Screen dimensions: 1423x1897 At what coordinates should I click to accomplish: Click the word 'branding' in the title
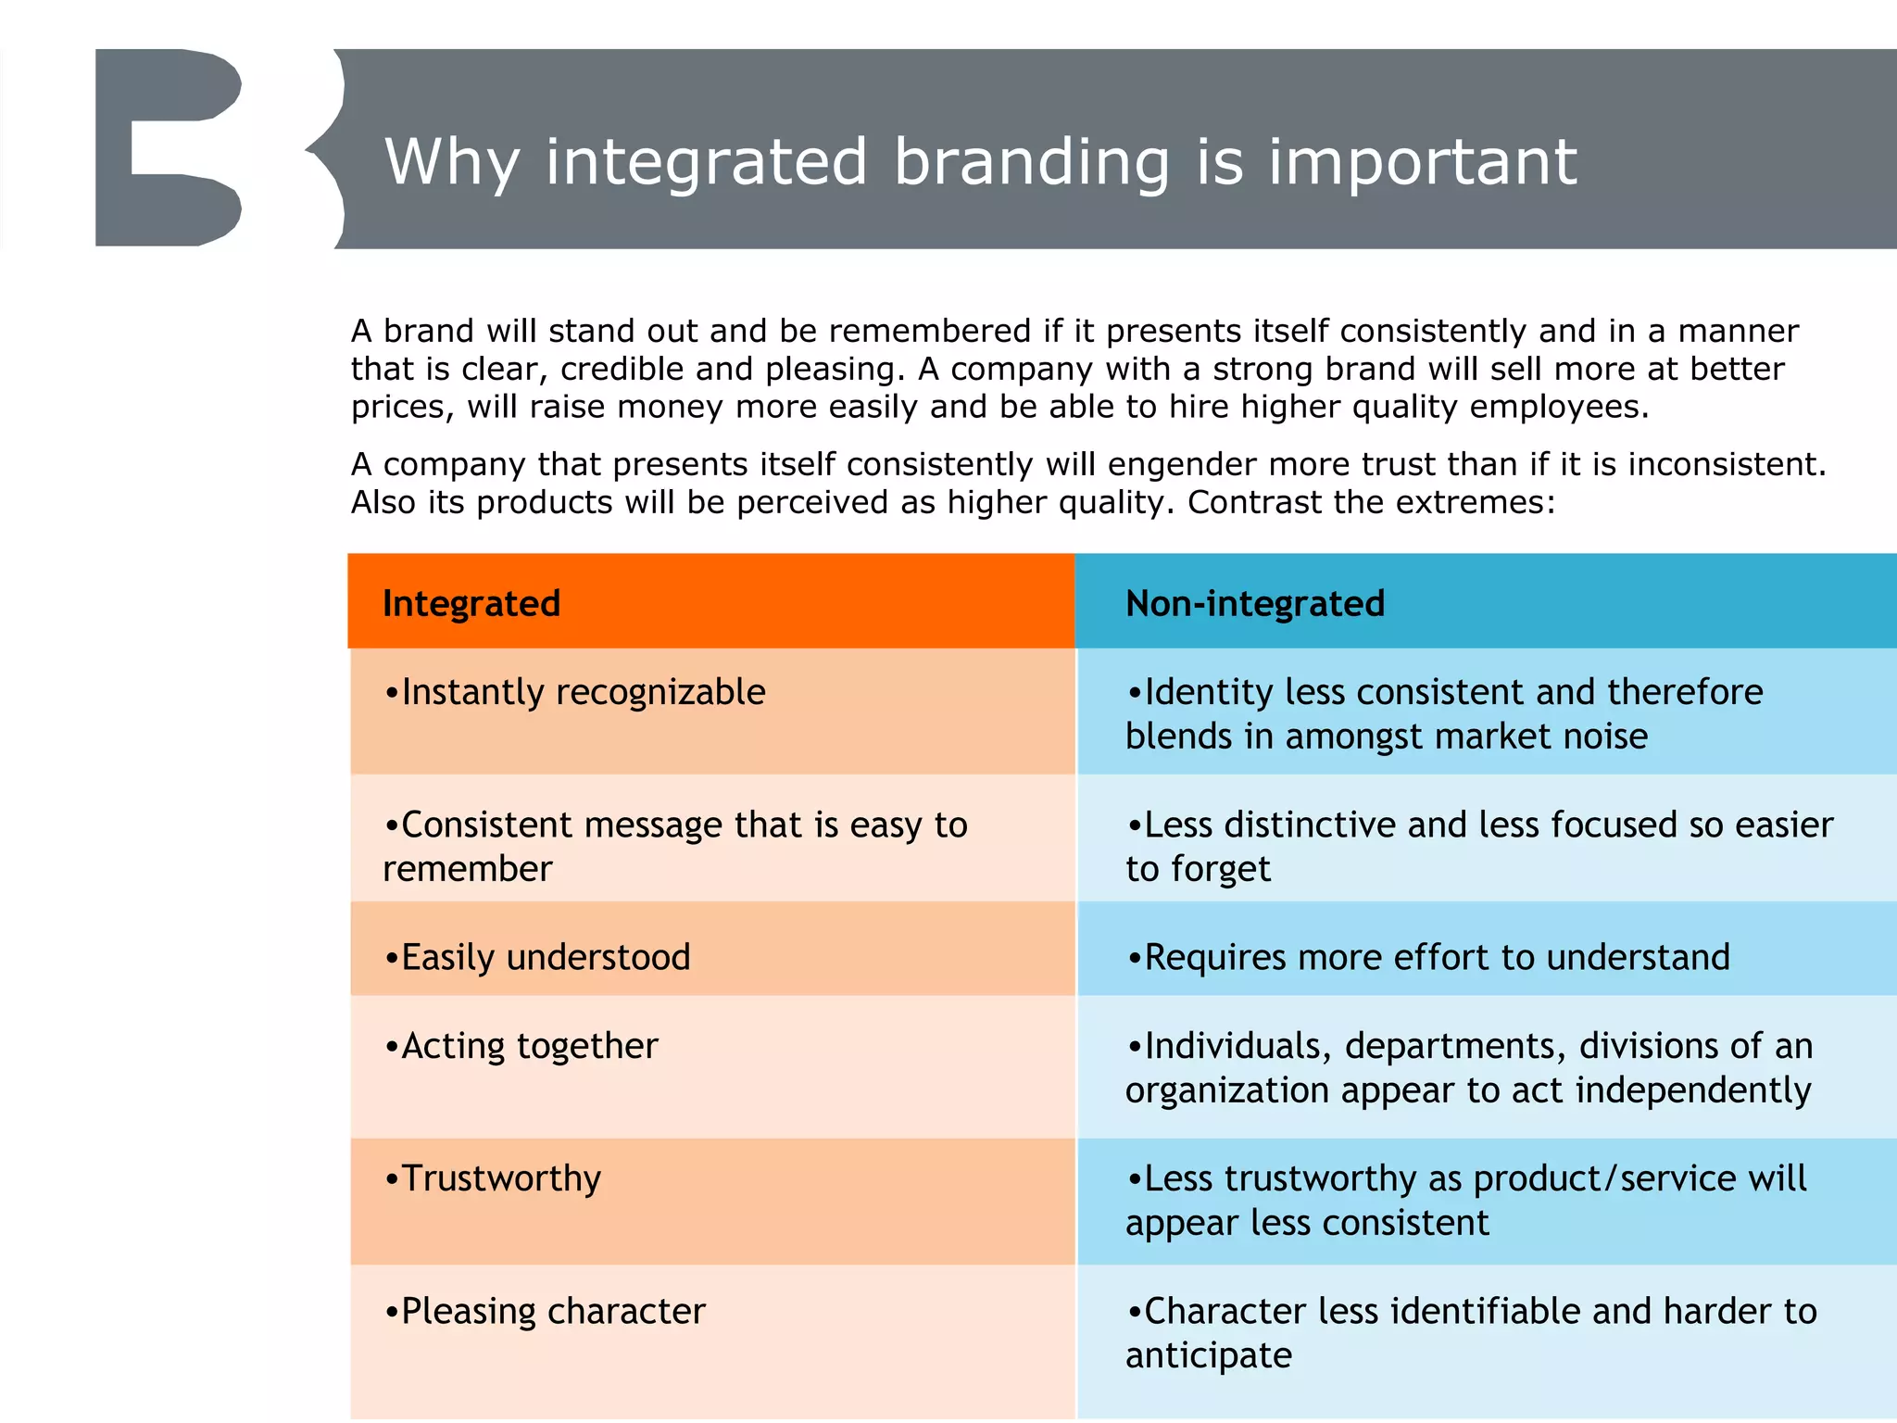[x=1032, y=163]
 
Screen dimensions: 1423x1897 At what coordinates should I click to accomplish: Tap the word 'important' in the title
[x=1422, y=163]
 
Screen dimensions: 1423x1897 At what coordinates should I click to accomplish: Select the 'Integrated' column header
[x=471, y=603]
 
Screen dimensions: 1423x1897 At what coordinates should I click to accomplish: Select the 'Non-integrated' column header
[x=1254, y=603]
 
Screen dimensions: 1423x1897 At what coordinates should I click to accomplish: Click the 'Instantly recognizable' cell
[x=575, y=693]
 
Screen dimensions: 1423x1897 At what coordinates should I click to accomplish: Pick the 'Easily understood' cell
[x=538, y=957]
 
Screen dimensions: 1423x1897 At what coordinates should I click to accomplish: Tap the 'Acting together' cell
[x=521, y=1046]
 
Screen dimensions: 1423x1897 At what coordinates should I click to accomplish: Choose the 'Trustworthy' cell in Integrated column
[x=494, y=1178]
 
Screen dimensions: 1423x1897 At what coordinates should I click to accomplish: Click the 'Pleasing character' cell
[x=546, y=1311]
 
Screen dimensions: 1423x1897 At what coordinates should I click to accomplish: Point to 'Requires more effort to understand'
[x=1428, y=957]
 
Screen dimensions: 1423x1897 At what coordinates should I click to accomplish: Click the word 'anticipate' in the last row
[x=1208, y=1355]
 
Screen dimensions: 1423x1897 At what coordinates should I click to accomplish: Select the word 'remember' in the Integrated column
[x=467, y=870]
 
